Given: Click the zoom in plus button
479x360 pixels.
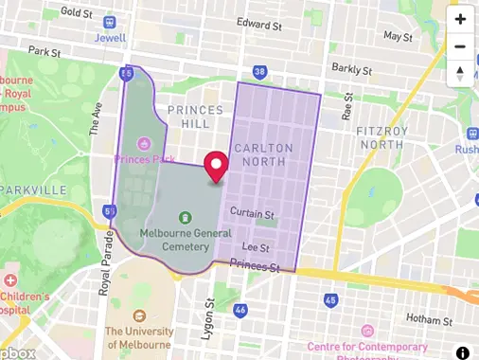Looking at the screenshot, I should click(x=460, y=19).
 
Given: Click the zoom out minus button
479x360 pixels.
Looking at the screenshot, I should click(x=460, y=46).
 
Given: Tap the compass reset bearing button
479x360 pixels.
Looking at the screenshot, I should click(x=460, y=73).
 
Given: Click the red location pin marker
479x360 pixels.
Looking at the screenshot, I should click(x=217, y=166).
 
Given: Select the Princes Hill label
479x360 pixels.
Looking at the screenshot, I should click(x=195, y=117).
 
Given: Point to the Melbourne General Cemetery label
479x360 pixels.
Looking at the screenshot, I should click(x=172, y=239).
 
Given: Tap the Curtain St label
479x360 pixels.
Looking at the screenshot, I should click(x=252, y=214).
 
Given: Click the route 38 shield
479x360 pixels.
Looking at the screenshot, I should click(x=260, y=71).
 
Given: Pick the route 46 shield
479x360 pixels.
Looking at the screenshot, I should click(x=240, y=309).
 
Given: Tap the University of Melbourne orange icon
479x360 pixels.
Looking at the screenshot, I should click(x=140, y=315).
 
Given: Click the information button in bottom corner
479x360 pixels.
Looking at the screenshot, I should click(x=462, y=352).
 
